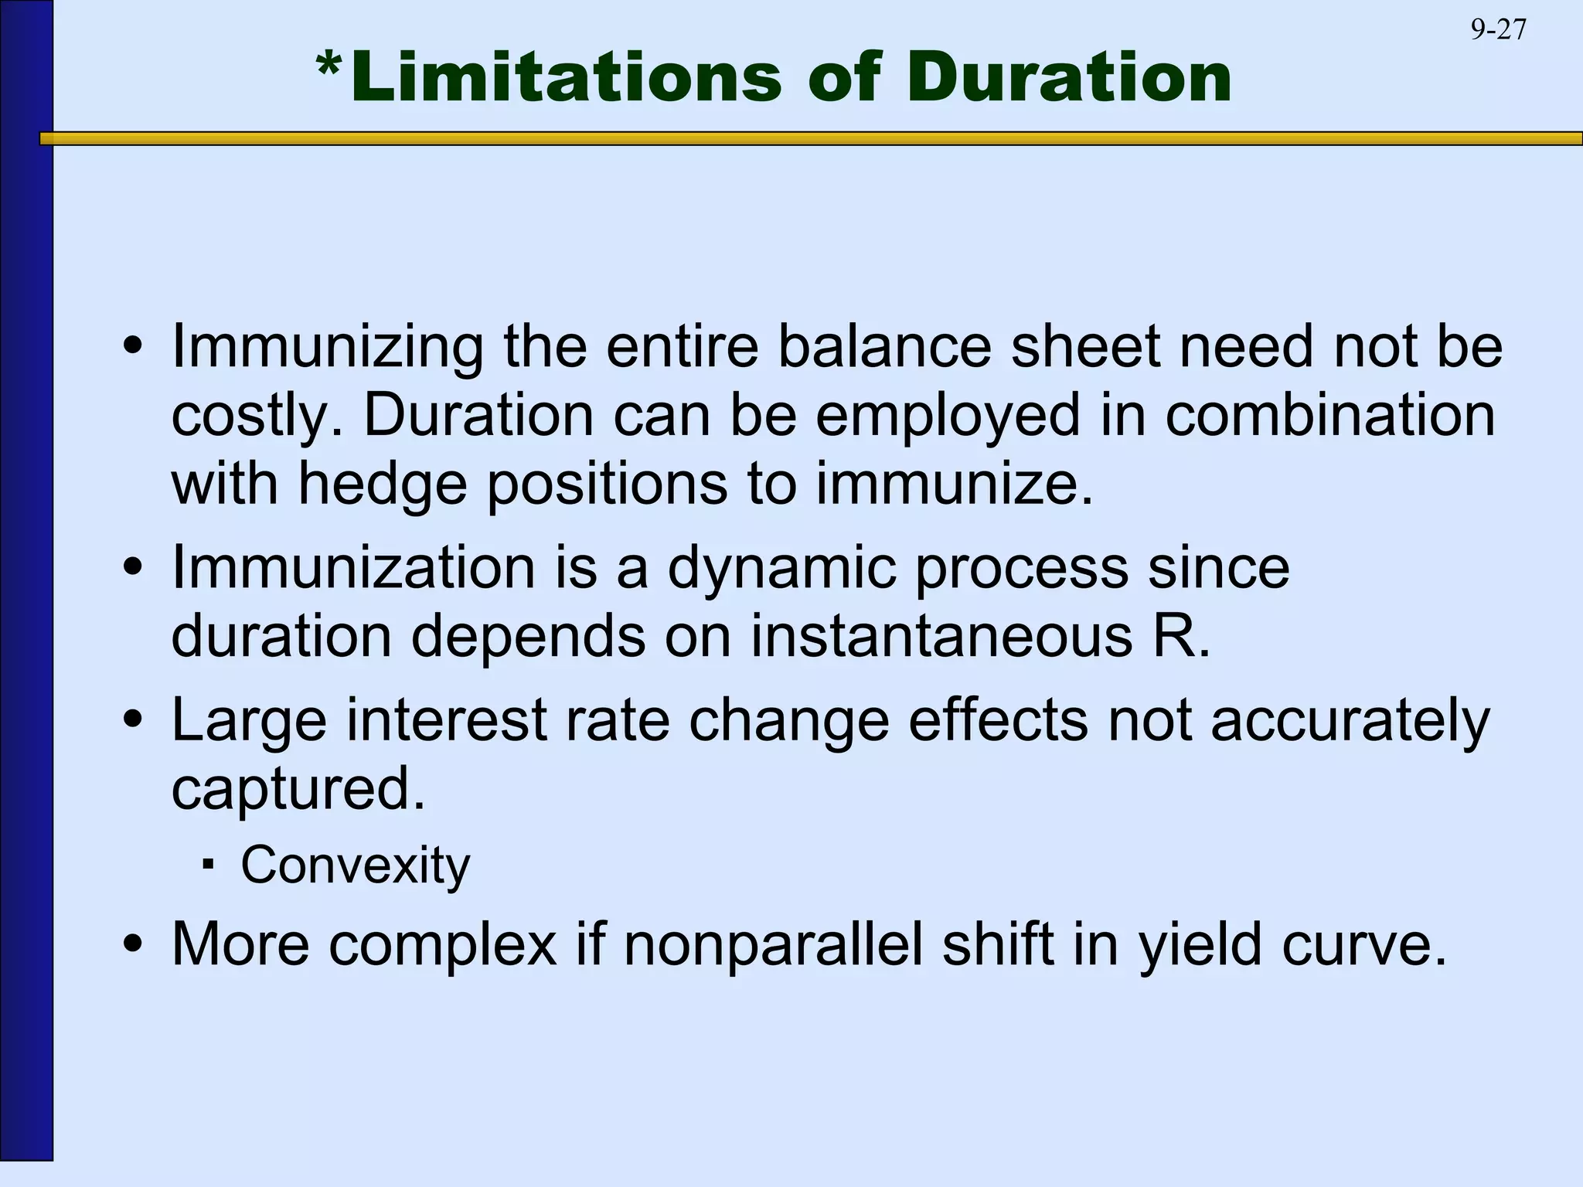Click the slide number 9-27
[x=1498, y=29]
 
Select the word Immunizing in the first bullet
[x=327, y=348]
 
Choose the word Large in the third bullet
[x=249, y=721]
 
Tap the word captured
[x=298, y=790]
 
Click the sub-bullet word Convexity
[x=355, y=866]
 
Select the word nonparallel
[x=773, y=944]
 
